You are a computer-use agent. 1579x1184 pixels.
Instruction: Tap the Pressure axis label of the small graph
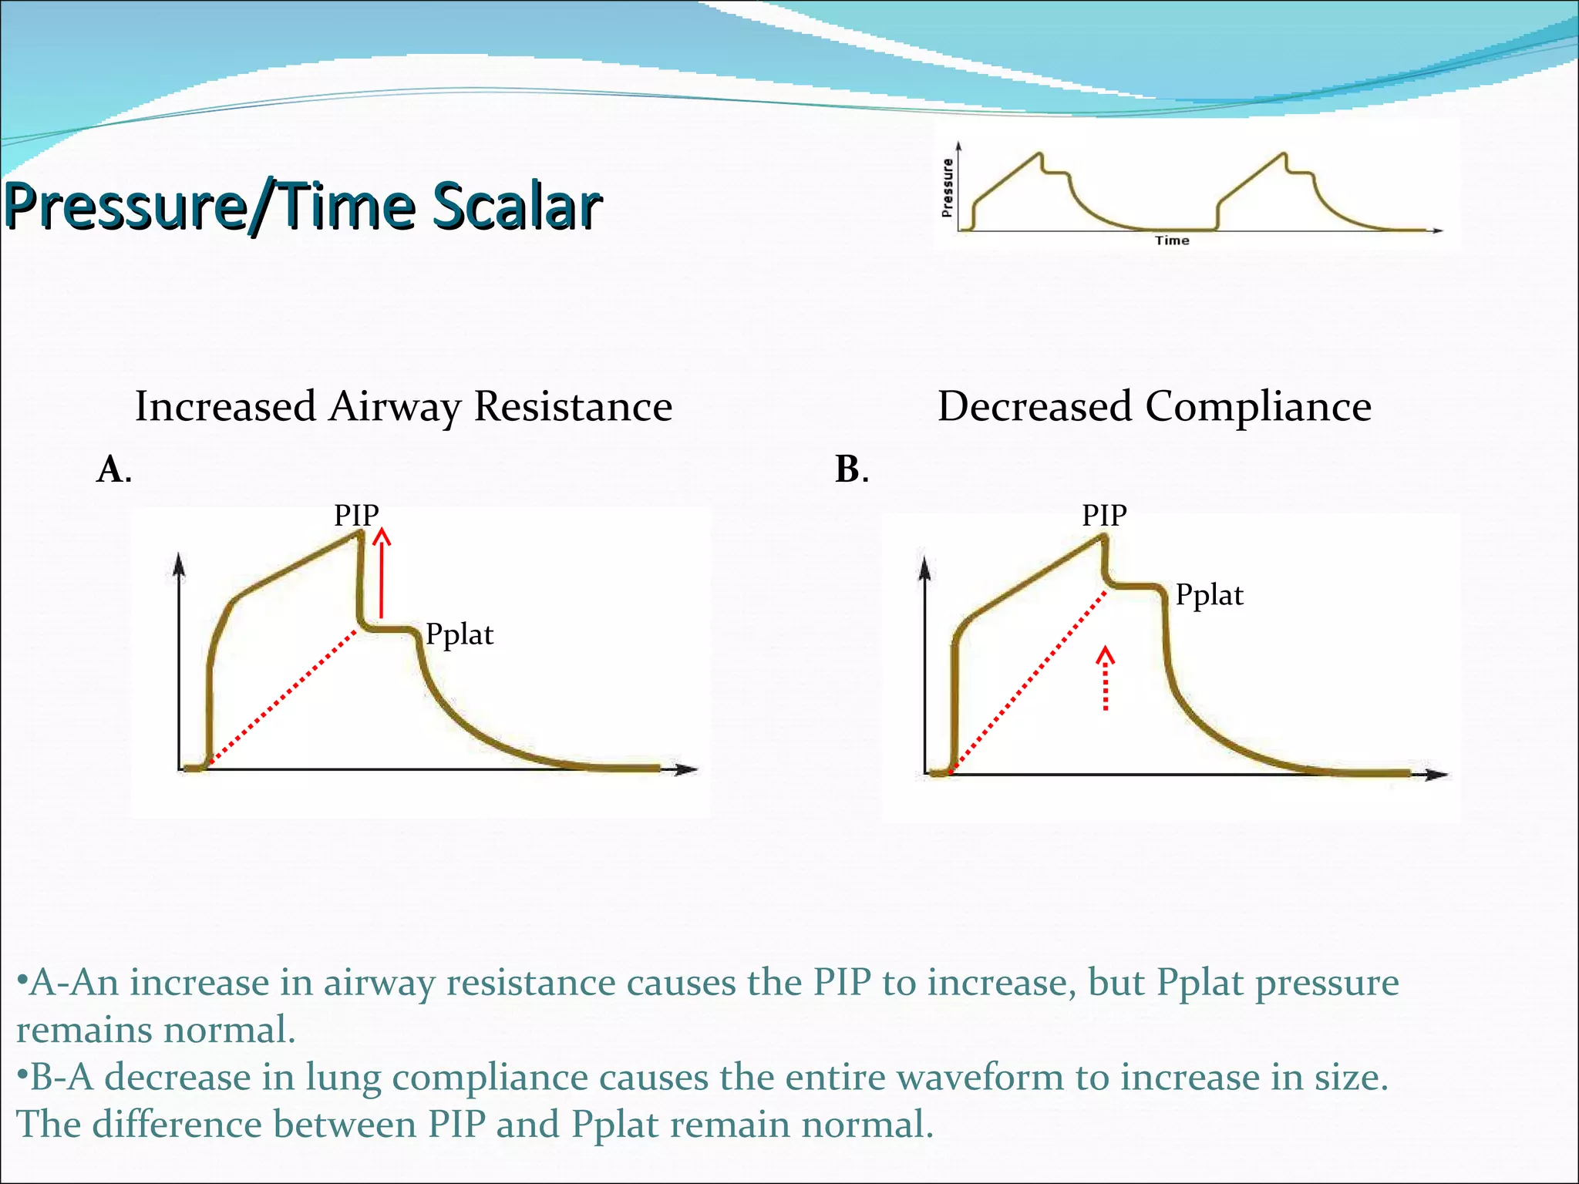947,187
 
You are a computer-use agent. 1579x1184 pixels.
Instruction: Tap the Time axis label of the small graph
1171,240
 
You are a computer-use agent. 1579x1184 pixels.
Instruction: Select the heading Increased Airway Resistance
403,406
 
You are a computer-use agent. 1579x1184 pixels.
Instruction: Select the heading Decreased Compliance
1153,406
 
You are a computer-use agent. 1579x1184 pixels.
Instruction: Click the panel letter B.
849,469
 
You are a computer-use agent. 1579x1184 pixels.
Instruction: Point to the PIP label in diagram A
356,515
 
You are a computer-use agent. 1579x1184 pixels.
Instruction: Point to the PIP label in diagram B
1104,515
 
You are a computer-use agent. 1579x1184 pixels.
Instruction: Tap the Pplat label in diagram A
460,634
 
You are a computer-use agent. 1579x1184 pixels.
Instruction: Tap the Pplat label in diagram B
1209,595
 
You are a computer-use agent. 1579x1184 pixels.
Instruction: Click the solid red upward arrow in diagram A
381,574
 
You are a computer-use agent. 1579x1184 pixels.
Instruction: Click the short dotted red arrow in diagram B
1106,678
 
